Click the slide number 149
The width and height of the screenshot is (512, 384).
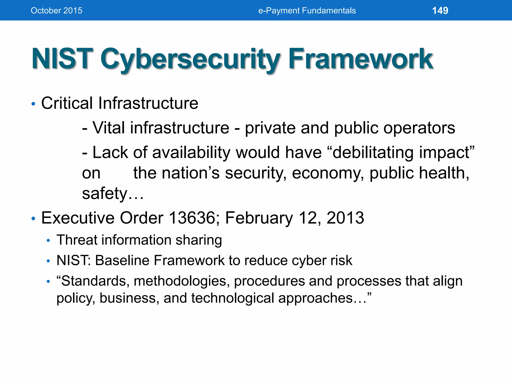[440, 10]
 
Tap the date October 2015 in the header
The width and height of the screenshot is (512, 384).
[56, 10]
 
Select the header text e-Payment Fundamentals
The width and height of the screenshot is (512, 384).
[307, 10]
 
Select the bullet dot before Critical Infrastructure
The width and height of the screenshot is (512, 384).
[33, 104]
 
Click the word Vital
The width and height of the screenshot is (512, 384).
[108, 128]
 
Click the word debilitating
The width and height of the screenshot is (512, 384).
[372, 152]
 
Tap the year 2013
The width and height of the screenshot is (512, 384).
[345, 218]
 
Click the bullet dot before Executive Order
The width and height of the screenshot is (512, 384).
[33, 219]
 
